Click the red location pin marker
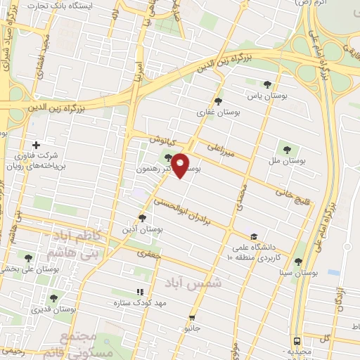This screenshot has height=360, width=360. coord(181,165)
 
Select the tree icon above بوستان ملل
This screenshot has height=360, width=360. coord(286,148)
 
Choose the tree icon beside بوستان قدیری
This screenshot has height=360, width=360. coord(53,298)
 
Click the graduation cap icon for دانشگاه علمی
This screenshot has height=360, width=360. coord(253,236)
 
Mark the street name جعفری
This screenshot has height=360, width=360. coord(148,253)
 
